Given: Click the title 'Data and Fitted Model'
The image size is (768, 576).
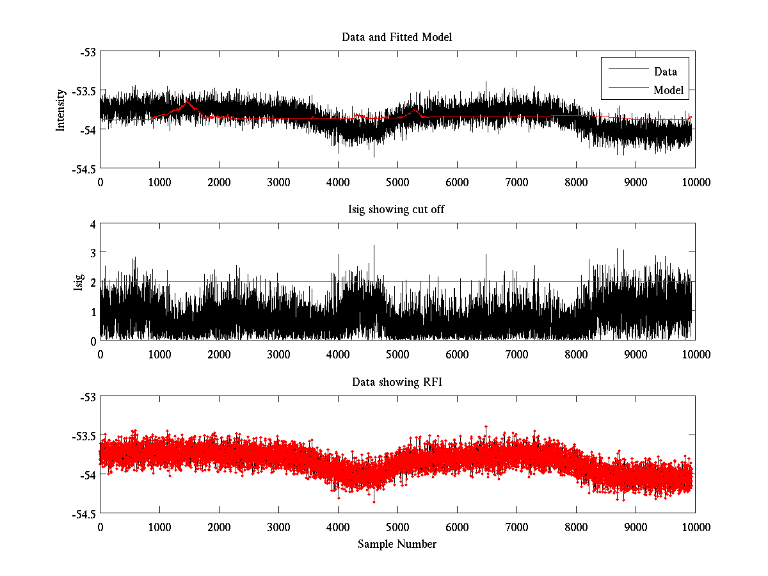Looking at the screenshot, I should coord(397,37).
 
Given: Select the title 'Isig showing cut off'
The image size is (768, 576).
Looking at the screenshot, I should coord(397,209).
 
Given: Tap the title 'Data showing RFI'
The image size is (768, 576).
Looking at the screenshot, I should coord(397,382).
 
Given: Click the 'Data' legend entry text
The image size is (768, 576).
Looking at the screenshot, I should coord(665,72).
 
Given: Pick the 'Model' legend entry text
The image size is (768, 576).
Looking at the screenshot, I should coord(668,90).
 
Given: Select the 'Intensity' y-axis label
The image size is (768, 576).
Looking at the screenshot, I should coord(61,109).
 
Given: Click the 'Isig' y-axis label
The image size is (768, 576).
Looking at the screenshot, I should coord(79,282).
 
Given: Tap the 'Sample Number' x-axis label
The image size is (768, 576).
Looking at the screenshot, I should coord(397,544).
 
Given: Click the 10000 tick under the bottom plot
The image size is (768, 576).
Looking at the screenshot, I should coord(695,527).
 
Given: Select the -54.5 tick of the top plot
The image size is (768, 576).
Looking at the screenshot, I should coord(84,169).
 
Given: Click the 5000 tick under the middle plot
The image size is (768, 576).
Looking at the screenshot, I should coord(397,354).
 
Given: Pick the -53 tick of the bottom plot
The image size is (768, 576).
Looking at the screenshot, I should coord(88,397).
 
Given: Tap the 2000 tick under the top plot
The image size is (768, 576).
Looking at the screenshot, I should coord(219,182).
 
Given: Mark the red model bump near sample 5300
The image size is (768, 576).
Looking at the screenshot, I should coord(415,111).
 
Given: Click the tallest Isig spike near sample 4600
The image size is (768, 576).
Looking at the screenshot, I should coord(374,246).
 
